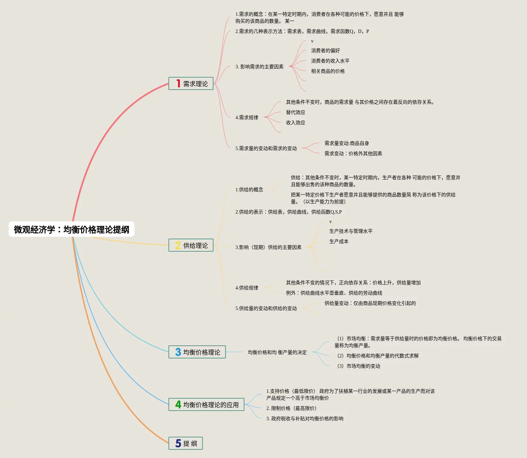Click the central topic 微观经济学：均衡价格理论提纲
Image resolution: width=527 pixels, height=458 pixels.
coord(72,229)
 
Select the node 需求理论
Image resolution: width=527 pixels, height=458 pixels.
coord(195,84)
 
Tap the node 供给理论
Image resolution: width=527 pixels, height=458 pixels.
coord(195,245)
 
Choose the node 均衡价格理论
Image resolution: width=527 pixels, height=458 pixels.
coord(201,352)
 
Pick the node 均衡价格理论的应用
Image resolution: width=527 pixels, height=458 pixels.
coord(210,405)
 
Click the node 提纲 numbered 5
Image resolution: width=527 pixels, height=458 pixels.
coord(190,444)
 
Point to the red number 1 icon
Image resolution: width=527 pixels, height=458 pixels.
coord(178,83)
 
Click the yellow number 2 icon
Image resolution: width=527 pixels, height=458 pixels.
coord(178,245)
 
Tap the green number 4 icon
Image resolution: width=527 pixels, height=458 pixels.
coord(178,404)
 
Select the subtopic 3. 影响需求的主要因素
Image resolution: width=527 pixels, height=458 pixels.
coord(259,67)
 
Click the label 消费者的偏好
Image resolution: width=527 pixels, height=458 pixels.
coord(325,50)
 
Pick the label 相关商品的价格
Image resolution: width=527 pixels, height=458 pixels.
coord(328,71)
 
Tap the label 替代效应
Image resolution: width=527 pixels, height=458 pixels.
coord(295,112)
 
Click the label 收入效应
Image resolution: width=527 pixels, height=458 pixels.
coord(295,123)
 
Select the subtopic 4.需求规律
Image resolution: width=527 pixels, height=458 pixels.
coord(246,117)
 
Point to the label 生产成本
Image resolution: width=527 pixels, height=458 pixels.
coord(339,241)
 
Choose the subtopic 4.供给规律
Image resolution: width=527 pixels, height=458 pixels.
coord(246,288)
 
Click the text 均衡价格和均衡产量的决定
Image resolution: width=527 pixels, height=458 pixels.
coord(277,352)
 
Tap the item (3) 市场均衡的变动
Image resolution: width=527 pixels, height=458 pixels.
coord(359,366)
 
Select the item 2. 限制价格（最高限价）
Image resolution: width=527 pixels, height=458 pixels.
coord(291,408)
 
